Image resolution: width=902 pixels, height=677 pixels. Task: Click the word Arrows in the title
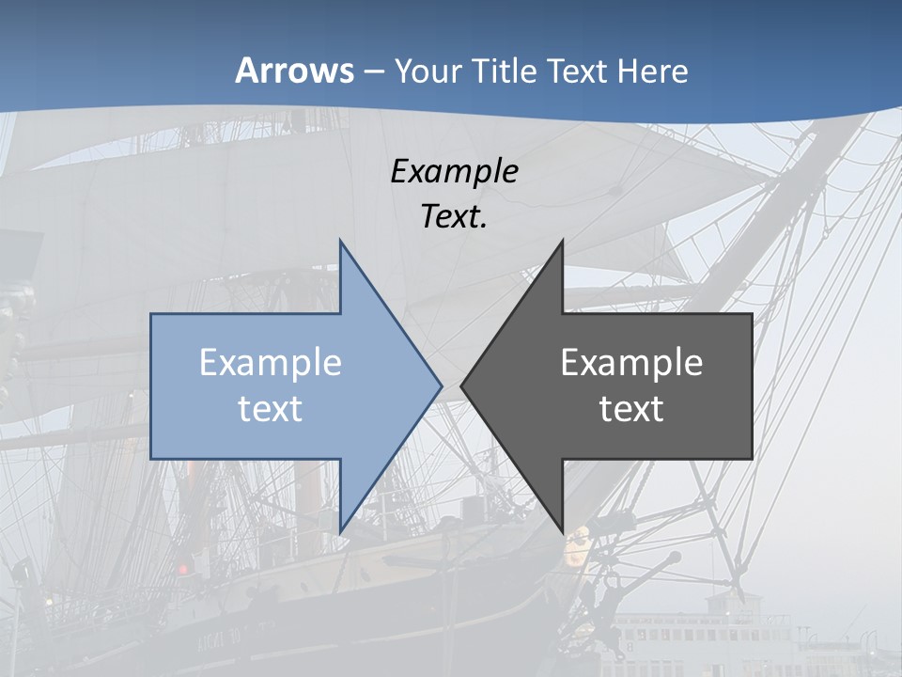(x=295, y=71)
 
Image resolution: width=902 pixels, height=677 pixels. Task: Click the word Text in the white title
(x=579, y=71)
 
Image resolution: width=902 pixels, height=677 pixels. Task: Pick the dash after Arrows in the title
(x=373, y=72)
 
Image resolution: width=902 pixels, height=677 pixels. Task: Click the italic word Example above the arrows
(x=455, y=172)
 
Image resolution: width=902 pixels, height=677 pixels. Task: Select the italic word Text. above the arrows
(x=455, y=217)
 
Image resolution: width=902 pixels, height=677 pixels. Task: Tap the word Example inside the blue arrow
(x=271, y=362)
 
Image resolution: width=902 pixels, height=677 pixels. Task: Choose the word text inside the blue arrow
(x=271, y=408)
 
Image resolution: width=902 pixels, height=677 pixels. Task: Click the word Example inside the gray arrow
(x=631, y=362)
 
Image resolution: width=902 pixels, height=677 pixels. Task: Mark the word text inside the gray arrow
(x=631, y=408)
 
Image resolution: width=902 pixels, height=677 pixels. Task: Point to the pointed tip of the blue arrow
(x=441, y=386)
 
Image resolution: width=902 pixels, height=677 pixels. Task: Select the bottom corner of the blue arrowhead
(x=340, y=530)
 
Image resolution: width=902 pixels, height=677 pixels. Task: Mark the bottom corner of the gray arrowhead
(x=562, y=530)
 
